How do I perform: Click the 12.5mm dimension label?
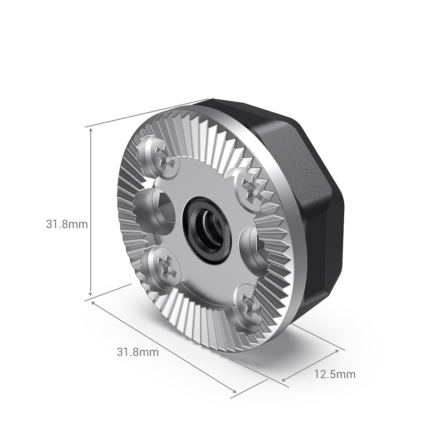point(335,374)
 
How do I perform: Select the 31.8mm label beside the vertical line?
point(67,224)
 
